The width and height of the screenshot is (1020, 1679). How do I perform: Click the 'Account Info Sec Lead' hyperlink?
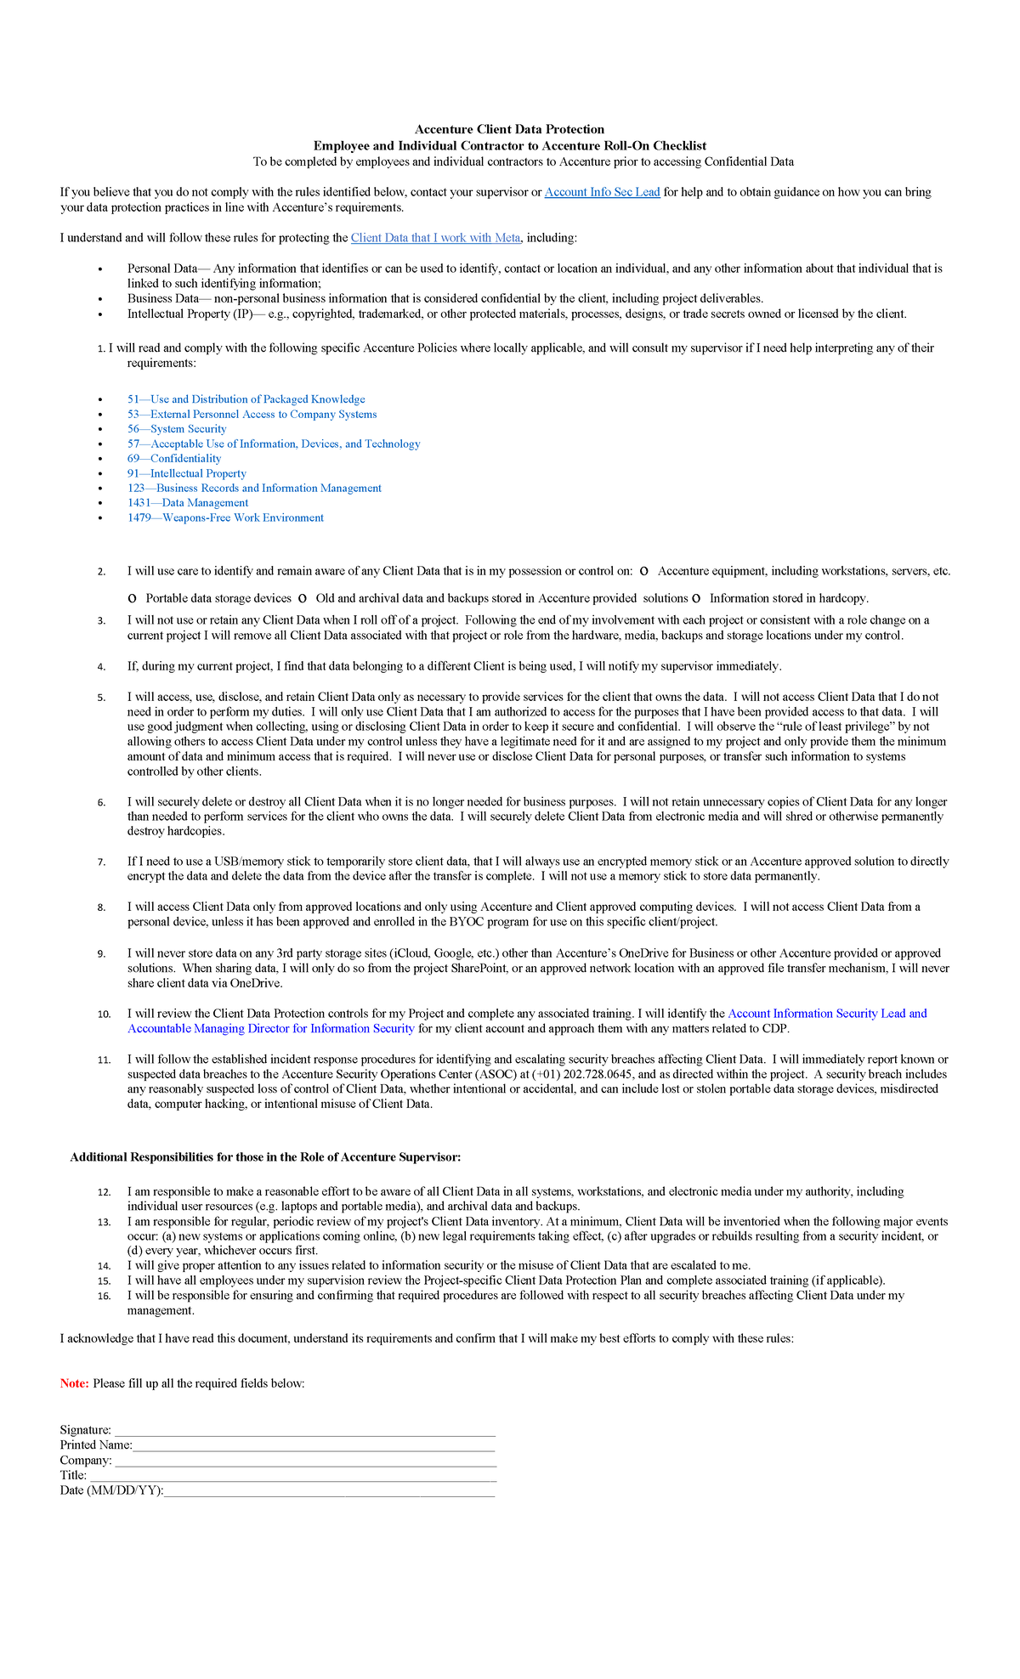click(x=602, y=192)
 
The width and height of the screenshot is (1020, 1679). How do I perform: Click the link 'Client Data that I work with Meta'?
click(x=435, y=238)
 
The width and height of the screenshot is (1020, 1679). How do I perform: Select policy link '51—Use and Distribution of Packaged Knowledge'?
click(x=246, y=399)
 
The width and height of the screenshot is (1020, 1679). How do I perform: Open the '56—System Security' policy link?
click(x=177, y=429)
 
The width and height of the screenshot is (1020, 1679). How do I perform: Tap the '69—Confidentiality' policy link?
click(x=174, y=459)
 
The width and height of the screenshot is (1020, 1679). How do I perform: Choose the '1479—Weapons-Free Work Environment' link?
click(x=225, y=518)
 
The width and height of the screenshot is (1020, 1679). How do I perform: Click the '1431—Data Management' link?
click(x=188, y=503)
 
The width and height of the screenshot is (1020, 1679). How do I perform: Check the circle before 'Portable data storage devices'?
click(x=132, y=599)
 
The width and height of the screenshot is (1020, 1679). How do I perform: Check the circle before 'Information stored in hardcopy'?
click(x=696, y=599)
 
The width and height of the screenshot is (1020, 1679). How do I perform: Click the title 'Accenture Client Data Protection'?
click(x=509, y=129)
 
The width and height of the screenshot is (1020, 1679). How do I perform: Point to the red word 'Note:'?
click(x=74, y=1383)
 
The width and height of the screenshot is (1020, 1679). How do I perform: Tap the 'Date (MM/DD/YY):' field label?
click(x=110, y=1490)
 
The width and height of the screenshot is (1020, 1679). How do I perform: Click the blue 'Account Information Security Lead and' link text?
click(x=827, y=1014)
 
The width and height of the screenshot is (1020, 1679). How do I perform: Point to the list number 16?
click(x=104, y=1297)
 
